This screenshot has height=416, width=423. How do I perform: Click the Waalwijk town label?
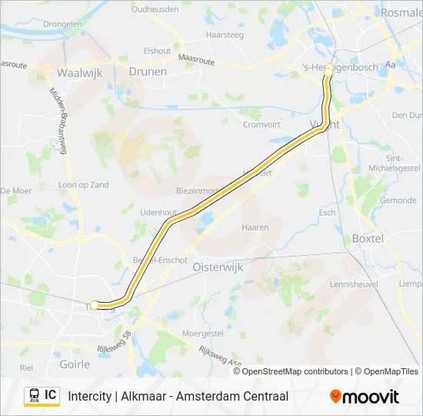(x=75, y=73)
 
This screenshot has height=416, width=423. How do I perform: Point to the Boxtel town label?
(x=367, y=239)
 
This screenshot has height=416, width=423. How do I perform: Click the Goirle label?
(x=75, y=363)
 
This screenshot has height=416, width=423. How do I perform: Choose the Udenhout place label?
(x=158, y=213)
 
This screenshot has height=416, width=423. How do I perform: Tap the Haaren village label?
(x=255, y=227)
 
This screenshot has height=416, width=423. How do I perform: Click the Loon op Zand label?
(x=84, y=185)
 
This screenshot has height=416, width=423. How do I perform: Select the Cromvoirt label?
(x=261, y=123)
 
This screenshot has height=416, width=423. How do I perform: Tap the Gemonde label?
(x=398, y=200)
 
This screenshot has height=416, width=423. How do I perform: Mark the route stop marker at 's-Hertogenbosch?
(x=328, y=69)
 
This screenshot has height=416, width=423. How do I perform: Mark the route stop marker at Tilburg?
(x=95, y=304)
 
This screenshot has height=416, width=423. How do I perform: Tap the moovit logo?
(x=365, y=397)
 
